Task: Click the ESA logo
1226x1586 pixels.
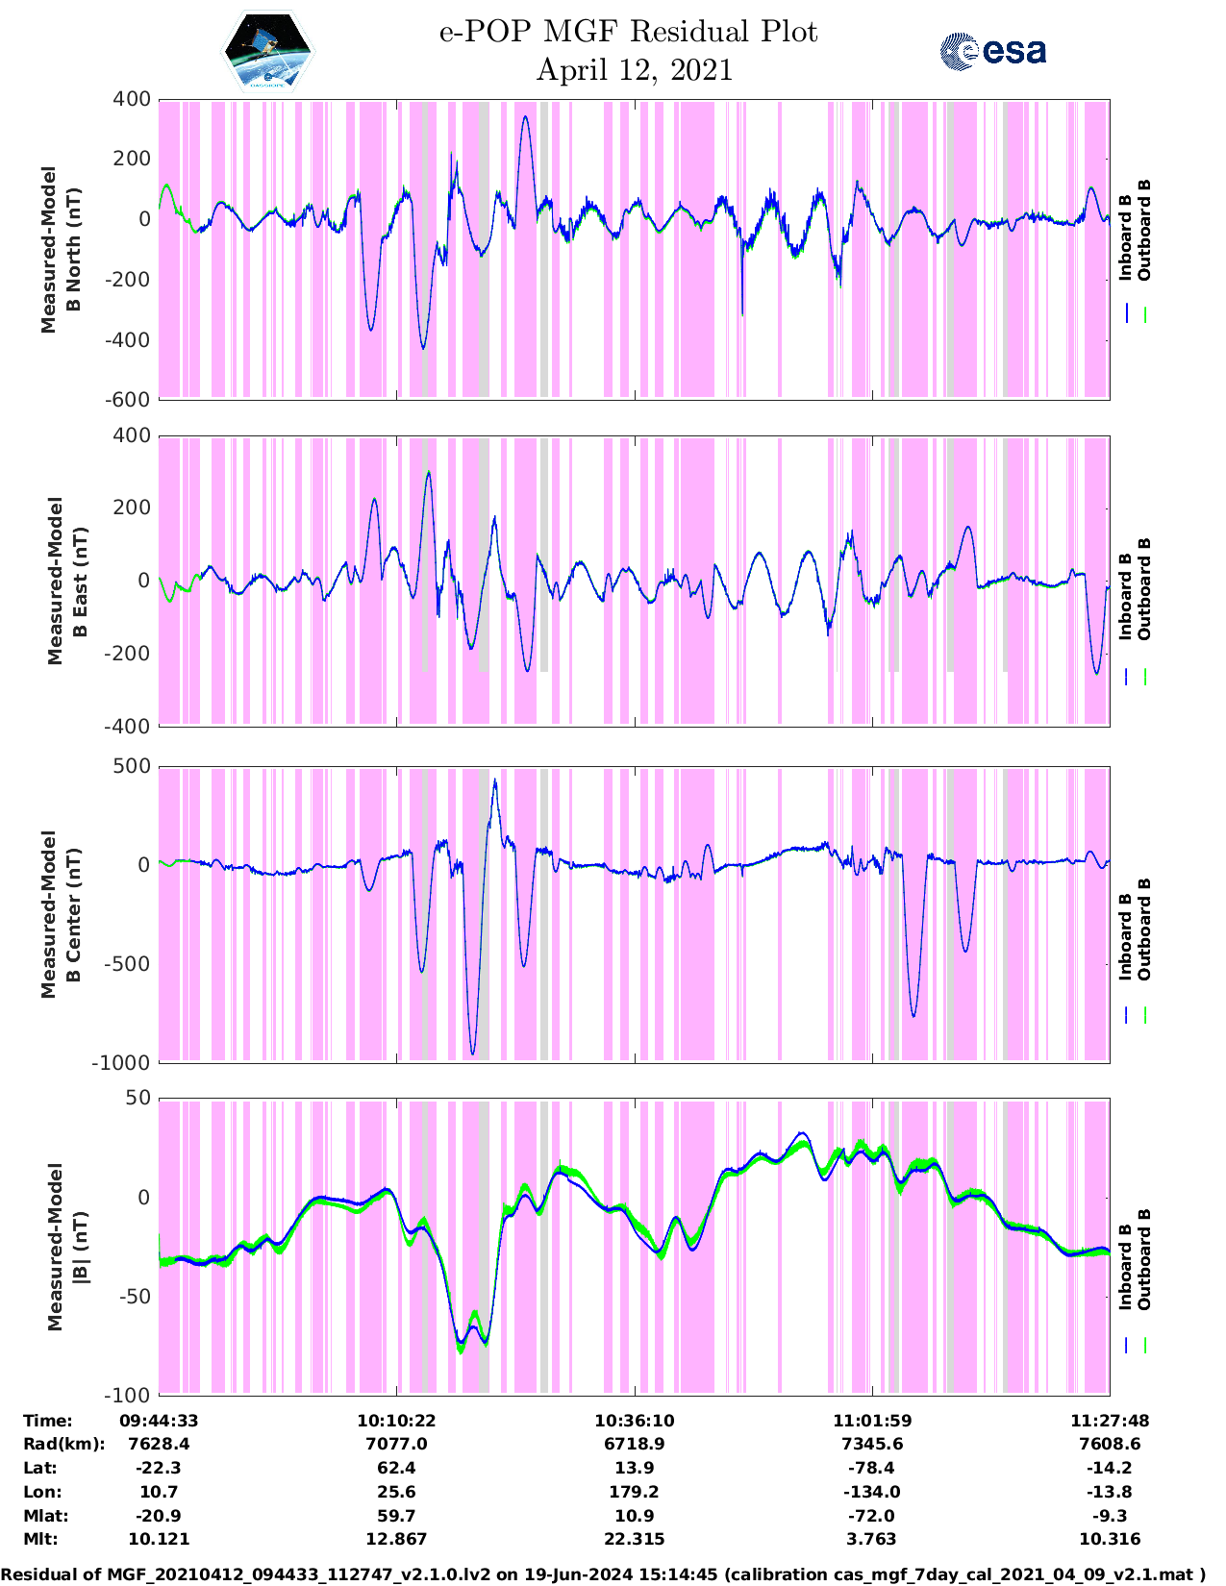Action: pos(993,51)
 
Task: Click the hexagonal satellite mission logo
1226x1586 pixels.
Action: pos(268,51)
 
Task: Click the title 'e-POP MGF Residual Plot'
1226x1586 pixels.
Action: pos(629,33)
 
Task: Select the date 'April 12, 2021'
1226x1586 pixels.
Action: pos(635,70)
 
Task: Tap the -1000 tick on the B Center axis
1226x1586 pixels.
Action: pos(121,1063)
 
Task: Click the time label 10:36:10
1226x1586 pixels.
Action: pos(635,1421)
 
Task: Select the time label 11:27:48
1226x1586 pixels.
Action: pos(1110,1421)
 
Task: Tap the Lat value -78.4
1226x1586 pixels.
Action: pos(871,1468)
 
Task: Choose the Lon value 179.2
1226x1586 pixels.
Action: pos(635,1492)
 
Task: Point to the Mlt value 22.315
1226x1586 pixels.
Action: pos(635,1539)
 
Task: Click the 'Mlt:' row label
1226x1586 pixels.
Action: pos(40,1539)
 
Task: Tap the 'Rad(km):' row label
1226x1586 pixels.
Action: pos(63,1444)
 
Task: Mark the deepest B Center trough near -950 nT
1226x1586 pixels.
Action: pos(472,1053)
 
